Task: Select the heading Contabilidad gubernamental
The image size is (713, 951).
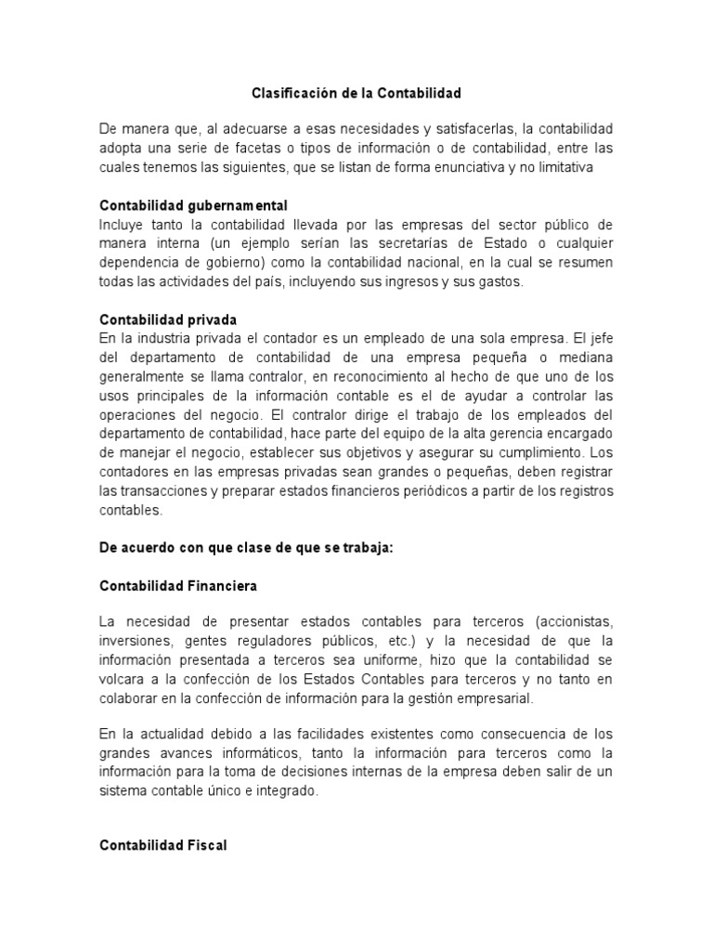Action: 193,205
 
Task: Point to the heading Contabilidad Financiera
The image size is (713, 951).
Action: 178,586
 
